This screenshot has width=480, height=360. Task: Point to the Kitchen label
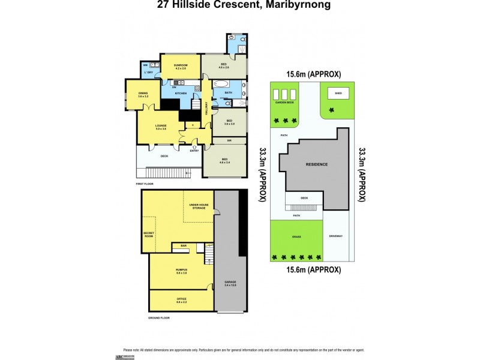[x=181, y=94]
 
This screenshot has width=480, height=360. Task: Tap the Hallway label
[x=206, y=109]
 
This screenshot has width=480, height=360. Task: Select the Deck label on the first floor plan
[x=164, y=156]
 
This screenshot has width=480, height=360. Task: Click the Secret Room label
[x=149, y=234]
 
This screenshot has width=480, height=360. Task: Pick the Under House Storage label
[x=198, y=206]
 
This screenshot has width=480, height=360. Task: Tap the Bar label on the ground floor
[x=182, y=245]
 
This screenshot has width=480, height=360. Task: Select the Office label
[x=181, y=301]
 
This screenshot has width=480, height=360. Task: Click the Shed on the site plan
[x=338, y=94]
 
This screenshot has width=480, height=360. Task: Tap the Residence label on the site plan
[x=317, y=164]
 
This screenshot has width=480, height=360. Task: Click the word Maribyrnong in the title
[x=296, y=5]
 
